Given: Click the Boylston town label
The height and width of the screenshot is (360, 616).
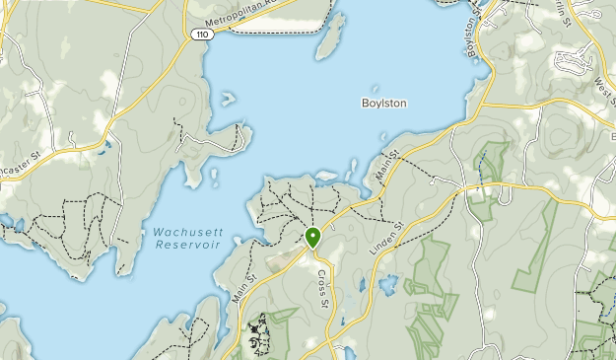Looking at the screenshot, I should click(383, 103).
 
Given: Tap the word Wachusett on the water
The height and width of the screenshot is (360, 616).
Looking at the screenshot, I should click(181, 233).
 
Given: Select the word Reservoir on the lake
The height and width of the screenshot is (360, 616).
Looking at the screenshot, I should click(181, 245).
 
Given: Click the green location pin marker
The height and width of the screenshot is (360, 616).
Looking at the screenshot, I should click(312, 237).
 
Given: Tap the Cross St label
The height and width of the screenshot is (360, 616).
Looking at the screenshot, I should click(322, 286).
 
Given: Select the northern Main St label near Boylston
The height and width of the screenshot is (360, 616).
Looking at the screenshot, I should click(387, 165).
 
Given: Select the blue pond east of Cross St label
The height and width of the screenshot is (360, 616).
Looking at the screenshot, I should click(388, 287).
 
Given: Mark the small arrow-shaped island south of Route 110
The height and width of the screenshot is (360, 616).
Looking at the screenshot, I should click(228, 99).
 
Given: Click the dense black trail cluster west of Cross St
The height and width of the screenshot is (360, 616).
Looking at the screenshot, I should click(259, 335).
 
